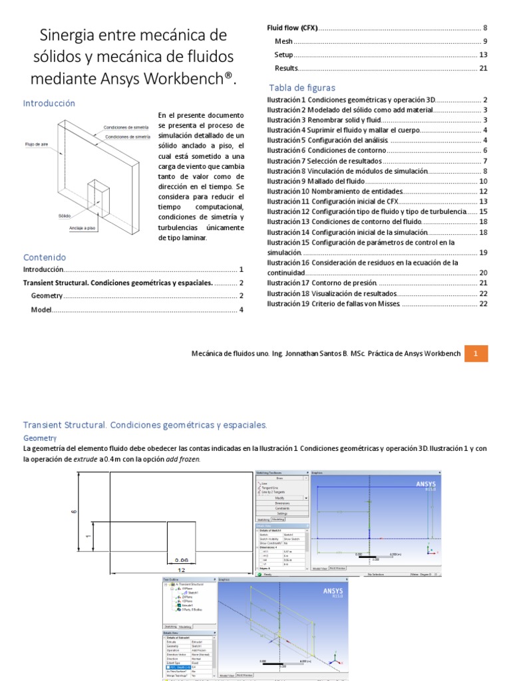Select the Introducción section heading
pos(49,103)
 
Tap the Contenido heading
pos(45,257)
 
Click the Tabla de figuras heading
pos(302,88)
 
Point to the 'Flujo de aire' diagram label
pos(37,144)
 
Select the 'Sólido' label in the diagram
pos(65,216)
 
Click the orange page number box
pos(476,354)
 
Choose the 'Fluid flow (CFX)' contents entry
pos(292,28)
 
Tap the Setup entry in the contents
pos(283,55)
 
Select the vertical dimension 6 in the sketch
pos(74,512)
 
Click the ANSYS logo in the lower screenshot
pos(333,591)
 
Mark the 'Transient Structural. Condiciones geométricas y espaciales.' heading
pos(145,424)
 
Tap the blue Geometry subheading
pos(40,438)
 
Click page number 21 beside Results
pos(484,68)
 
